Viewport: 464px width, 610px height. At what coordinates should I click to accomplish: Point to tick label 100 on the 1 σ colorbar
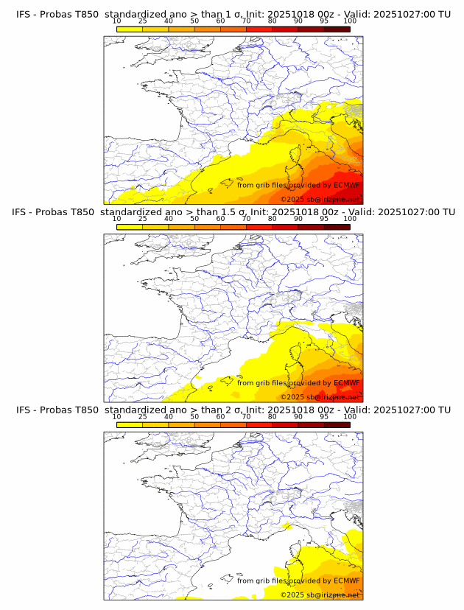350,21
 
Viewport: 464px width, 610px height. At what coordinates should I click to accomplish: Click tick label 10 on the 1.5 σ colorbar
116,219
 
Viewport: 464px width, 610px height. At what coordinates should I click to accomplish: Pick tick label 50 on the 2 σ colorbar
194,417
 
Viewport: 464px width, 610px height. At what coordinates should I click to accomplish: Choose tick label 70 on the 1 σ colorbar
246,21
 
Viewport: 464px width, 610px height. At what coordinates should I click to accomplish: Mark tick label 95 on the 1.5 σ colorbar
324,219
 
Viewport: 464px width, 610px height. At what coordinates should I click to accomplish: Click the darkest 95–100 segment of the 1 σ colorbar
337,29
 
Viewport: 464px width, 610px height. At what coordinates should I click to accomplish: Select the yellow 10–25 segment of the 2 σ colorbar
130,424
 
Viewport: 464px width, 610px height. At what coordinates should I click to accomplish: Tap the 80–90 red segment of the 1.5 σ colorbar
285,227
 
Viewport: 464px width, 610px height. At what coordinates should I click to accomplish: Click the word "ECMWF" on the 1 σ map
346,185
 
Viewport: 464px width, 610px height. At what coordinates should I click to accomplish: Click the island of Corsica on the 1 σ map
294,156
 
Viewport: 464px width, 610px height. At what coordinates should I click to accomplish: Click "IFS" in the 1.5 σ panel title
24,212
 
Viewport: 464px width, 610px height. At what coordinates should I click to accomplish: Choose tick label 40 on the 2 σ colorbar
169,417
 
